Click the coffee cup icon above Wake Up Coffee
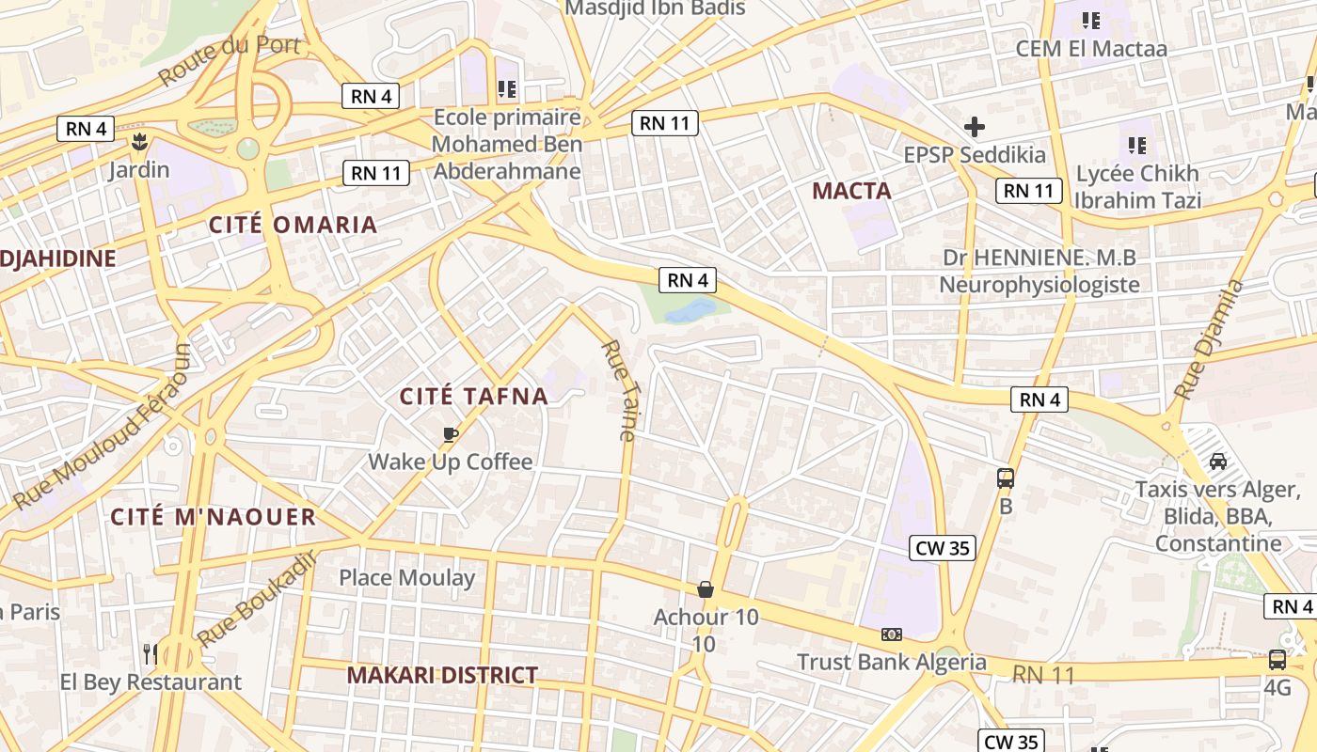tap(450, 433)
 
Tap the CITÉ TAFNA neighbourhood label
tap(474, 396)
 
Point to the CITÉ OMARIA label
tap(293, 225)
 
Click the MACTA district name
tap(851, 191)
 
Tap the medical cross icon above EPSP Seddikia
tap(975, 126)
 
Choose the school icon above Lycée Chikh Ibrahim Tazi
tap(1137, 145)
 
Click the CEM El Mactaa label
tap(1091, 48)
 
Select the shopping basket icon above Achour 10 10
tap(706, 589)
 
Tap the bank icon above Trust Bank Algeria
tap(891, 634)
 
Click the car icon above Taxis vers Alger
tap(1217, 462)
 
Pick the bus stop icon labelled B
tap(1006, 478)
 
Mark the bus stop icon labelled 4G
tap(1277, 660)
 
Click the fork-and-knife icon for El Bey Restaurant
tap(150, 652)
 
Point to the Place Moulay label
tap(406, 577)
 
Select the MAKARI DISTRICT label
tap(442, 675)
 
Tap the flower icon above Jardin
tap(139, 143)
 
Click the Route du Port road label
tap(230, 58)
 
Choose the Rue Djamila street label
tap(1209, 338)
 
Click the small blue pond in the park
tap(693, 311)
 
